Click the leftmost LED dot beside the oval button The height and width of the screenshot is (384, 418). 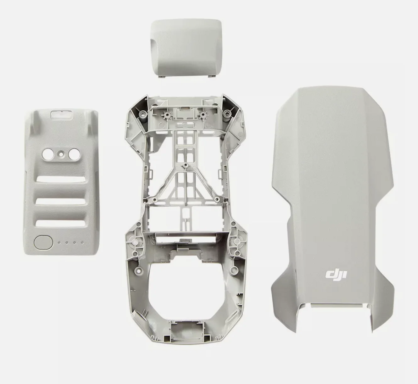pyautogui.click(x=59, y=242)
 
